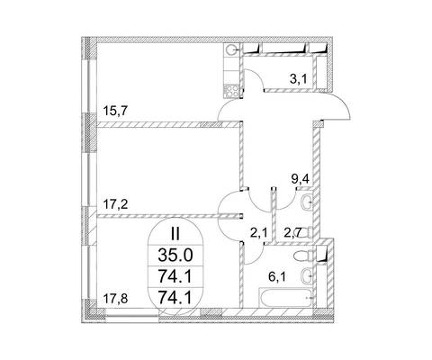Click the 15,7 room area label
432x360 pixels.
click(115, 111)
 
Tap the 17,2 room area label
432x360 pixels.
click(115, 205)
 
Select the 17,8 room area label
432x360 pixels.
click(115, 299)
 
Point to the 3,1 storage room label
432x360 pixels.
click(298, 79)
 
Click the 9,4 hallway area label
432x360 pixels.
click(301, 179)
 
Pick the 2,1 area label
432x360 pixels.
click(258, 232)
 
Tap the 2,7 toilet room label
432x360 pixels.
click(292, 233)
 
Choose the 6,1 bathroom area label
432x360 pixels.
click(277, 276)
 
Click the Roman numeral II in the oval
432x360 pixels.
click(175, 234)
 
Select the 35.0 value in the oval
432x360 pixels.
click(175, 256)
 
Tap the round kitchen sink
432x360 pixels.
click(231, 50)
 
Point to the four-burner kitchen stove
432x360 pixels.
click(232, 91)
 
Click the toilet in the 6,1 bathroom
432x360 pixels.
click(302, 256)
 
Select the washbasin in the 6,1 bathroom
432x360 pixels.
click(307, 274)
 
